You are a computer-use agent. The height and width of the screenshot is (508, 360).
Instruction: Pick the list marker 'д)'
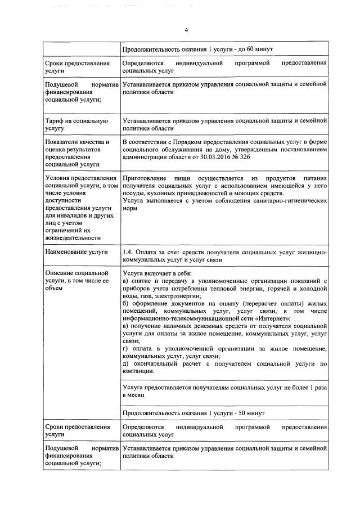coord(126,363)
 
